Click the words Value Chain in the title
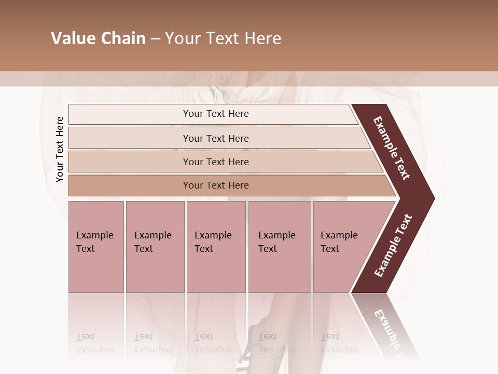(x=98, y=38)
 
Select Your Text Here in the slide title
(x=223, y=38)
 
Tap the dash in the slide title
(x=155, y=39)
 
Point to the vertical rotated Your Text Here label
(x=60, y=149)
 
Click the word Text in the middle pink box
(x=204, y=249)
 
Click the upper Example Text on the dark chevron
(x=392, y=148)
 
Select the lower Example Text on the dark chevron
(x=393, y=246)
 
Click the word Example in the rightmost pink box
(x=339, y=235)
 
